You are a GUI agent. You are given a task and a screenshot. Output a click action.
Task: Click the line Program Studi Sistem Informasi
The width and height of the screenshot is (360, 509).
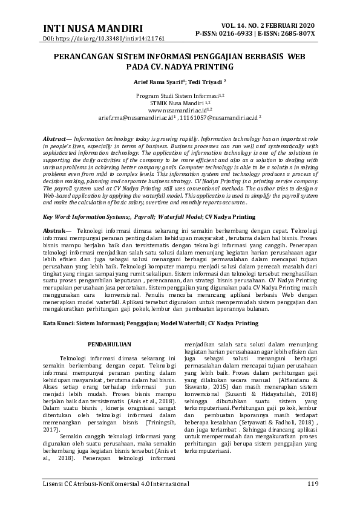click(179, 96)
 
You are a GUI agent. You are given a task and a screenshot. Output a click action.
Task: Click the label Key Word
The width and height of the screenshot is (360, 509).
click(56, 216)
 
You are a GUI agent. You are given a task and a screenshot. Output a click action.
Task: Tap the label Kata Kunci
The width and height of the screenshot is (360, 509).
click(58, 324)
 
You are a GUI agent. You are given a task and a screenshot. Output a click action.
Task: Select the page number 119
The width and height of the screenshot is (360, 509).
click(313, 484)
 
